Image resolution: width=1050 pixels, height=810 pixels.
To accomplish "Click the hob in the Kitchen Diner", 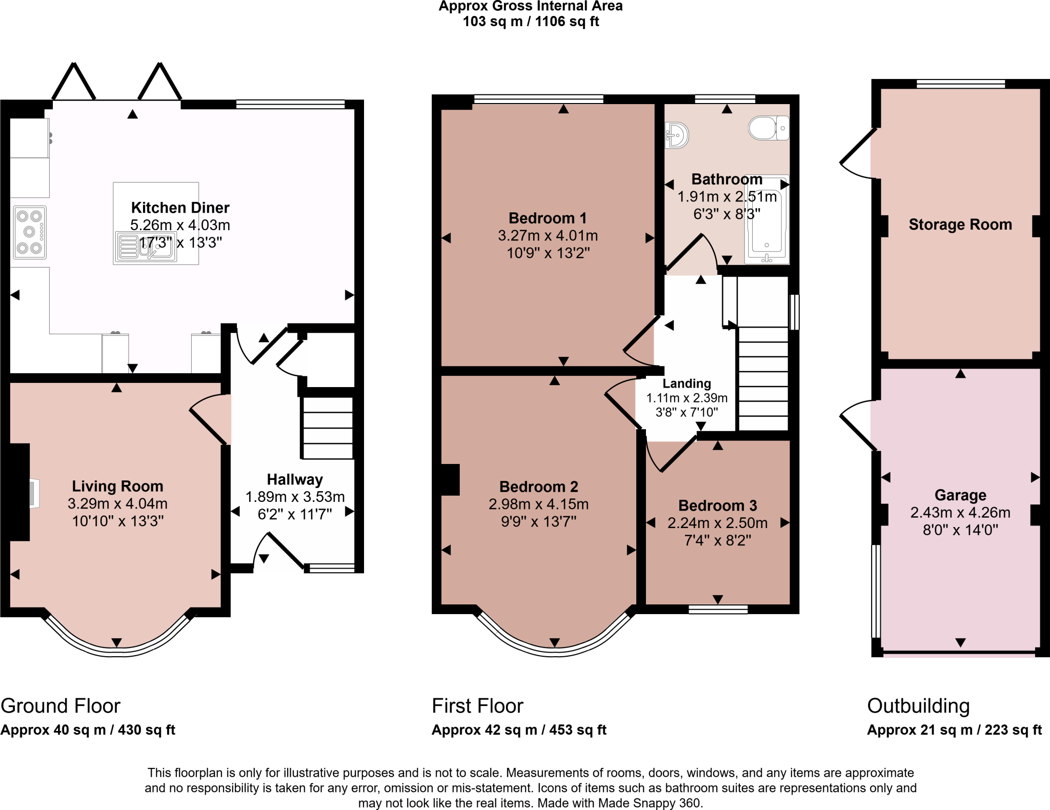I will pos(30,232).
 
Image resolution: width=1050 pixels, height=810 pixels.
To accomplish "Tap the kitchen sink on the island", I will pos(146,247).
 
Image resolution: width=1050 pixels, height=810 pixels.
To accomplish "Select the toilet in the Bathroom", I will pos(768,128).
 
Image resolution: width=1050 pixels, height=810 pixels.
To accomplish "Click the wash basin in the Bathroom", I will pos(677,135).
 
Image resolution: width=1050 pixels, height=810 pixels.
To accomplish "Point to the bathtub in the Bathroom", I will pos(767,220).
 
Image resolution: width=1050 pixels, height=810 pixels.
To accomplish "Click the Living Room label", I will pos(117,486).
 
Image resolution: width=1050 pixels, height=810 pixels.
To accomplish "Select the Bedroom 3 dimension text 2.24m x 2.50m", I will pos(717,523).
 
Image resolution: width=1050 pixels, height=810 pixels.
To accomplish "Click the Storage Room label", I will pos(960,225).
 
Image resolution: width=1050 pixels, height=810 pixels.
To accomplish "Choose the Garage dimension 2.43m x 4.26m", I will pos(960,513).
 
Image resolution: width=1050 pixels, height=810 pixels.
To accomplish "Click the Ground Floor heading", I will pos(60,706).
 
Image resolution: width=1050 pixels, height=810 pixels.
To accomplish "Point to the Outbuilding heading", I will pos(918,706).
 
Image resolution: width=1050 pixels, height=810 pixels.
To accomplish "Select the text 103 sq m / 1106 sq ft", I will pos(531,22).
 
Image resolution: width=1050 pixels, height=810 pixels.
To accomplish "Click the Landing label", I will pos(686,383).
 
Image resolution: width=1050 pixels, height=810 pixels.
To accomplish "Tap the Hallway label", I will pos(295,479).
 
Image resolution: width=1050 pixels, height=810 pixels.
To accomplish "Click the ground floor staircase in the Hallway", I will pos(327,428).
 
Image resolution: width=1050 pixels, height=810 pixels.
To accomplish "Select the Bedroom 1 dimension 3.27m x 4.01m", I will pos(548,236).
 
